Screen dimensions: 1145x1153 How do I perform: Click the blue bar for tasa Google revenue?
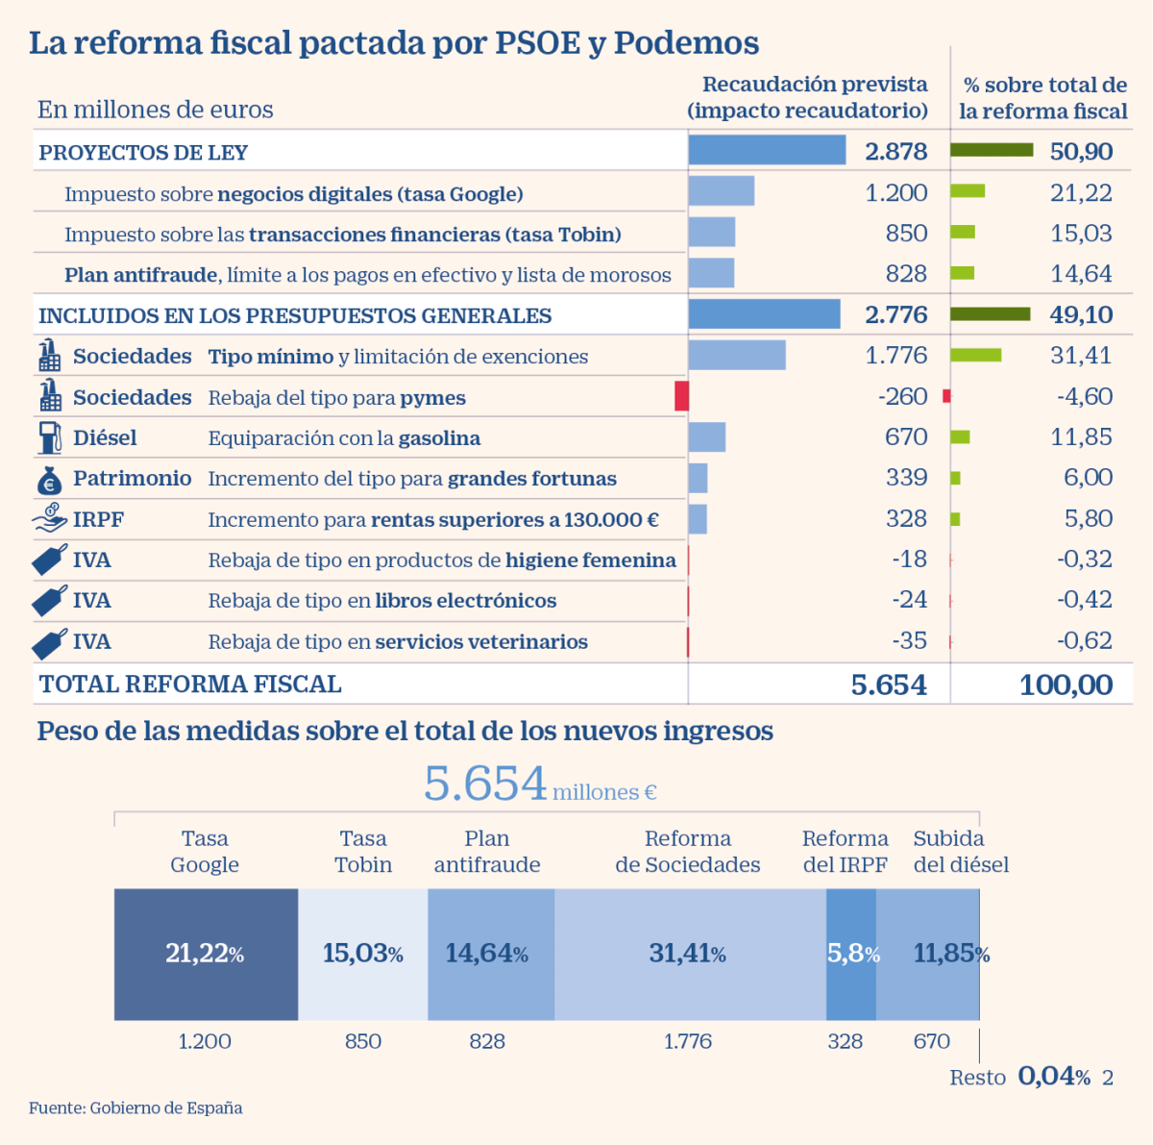721,191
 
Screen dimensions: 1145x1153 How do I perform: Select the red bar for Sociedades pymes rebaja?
681,396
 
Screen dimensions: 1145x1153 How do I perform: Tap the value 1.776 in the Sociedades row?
895,356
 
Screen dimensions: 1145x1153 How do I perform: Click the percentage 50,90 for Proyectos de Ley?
1081,151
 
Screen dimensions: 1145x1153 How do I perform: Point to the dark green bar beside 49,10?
990,314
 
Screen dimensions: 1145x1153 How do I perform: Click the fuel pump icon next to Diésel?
50,437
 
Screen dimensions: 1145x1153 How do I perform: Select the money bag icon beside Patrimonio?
50,479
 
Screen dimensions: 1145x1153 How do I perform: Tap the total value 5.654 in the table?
889,685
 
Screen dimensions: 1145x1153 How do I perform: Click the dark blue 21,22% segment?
206,954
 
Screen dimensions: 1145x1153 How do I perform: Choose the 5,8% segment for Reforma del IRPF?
850,954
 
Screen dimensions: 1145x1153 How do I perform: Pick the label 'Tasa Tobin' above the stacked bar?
363,852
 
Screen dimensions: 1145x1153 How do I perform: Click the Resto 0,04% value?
1053,1076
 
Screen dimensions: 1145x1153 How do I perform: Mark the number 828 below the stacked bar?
487,1041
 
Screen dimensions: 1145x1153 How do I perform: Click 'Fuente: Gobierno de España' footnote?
135,1108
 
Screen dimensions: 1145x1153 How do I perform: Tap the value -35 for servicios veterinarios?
909,640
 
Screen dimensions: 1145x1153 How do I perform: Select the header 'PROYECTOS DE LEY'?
143,153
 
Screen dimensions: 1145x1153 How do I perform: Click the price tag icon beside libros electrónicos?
50,601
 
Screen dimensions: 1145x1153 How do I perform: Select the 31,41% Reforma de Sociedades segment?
688,954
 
